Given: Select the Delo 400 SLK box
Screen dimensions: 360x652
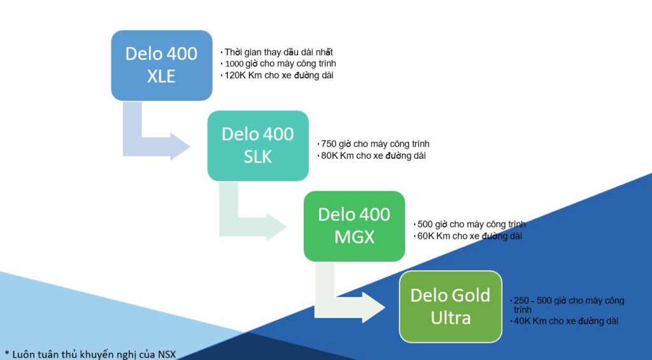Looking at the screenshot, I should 258,146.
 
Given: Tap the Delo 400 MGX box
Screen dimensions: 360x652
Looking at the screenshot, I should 354,226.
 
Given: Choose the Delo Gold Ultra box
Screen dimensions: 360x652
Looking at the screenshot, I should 450,306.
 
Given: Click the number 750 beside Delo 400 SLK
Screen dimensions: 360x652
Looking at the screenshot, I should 329,144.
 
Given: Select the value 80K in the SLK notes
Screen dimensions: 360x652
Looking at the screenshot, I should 329,155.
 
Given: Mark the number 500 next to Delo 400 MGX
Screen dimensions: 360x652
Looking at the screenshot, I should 425,224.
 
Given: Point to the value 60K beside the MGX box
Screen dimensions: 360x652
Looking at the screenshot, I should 425,236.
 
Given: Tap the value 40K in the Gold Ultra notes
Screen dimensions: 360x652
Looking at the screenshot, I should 522,322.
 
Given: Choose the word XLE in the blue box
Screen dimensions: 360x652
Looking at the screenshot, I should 161,76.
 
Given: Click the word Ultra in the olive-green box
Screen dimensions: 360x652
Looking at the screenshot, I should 451,317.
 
